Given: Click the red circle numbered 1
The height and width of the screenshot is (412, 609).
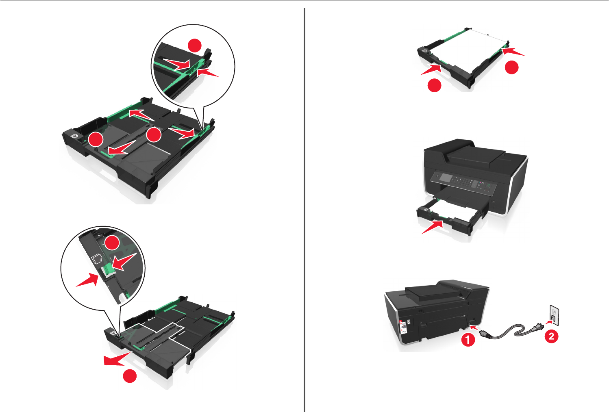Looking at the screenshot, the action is [x=468, y=340].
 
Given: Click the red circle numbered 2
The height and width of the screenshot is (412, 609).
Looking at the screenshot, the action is [x=551, y=336].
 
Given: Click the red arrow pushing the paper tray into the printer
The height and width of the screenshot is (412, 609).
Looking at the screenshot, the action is [x=433, y=227].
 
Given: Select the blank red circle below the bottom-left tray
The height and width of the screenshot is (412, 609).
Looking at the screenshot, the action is [x=130, y=376].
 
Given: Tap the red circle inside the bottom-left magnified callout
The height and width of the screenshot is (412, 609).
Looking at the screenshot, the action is [x=112, y=243].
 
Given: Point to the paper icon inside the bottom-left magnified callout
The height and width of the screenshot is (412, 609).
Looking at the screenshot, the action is [x=97, y=259].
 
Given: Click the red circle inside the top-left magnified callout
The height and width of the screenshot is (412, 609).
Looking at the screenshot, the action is [x=195, y=46].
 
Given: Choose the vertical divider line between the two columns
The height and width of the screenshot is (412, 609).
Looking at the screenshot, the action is [x=304, y=210].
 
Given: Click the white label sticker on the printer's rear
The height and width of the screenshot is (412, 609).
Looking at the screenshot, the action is [x=403, y=327].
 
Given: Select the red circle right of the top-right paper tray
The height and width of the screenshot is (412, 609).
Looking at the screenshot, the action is [x=512, y=67].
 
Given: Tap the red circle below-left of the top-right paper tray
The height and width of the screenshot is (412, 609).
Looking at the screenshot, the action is [x=435, y=85].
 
